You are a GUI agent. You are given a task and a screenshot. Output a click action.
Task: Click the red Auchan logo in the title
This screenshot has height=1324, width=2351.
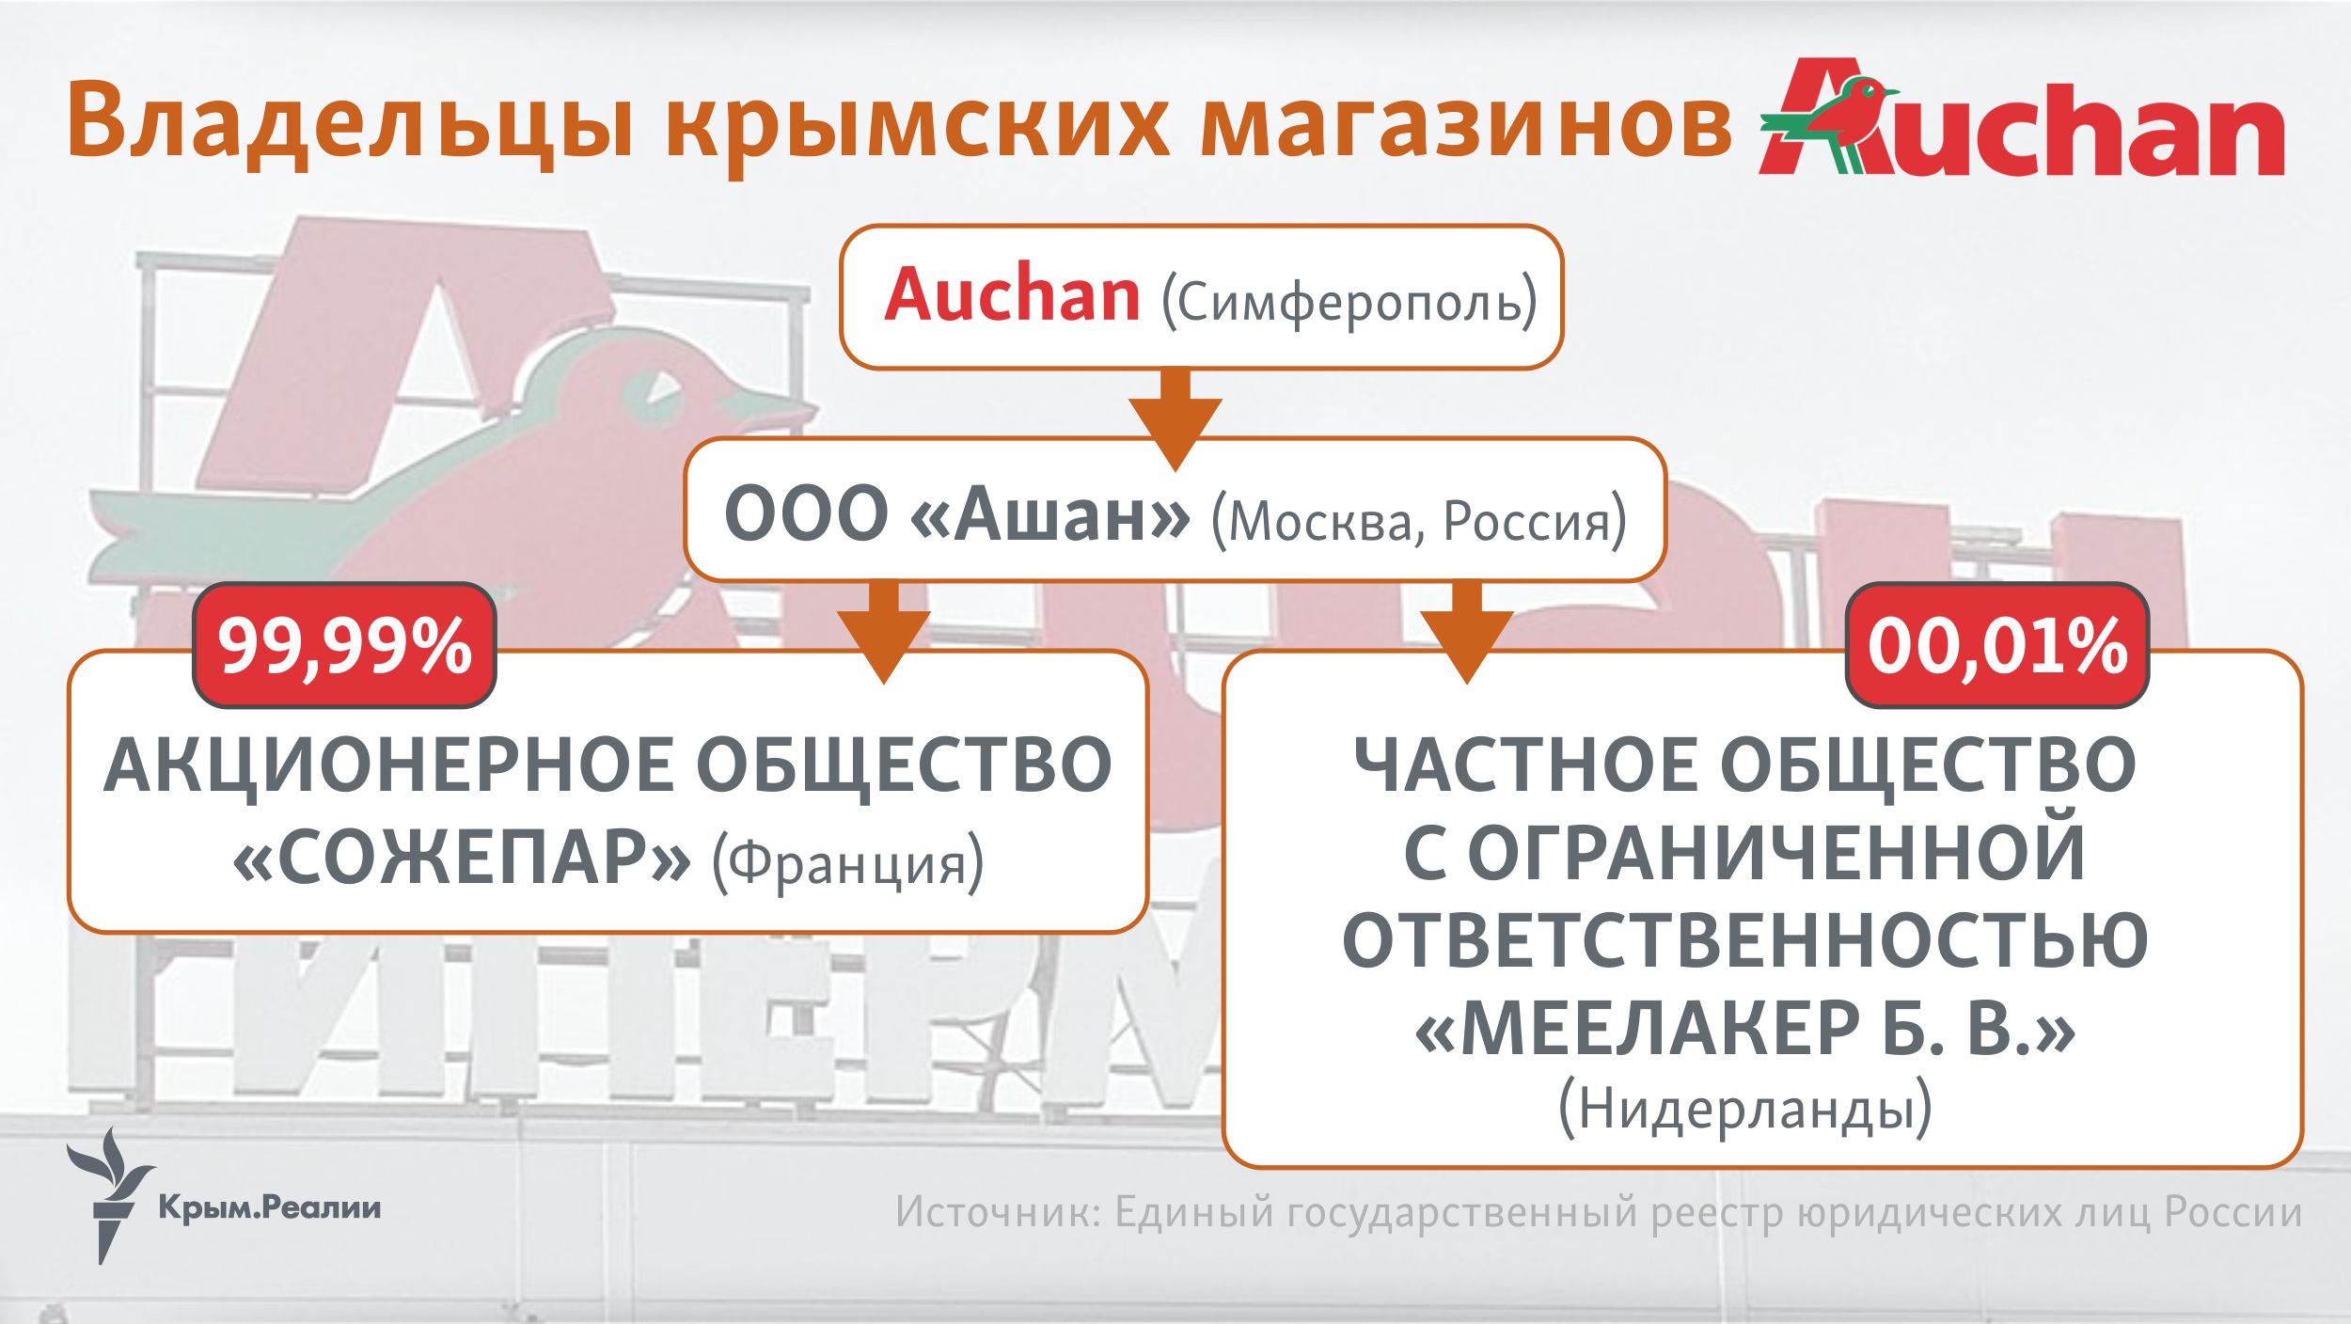[x=2021, y=117]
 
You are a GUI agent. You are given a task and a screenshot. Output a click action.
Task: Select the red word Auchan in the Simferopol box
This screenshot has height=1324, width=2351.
[x=1012, y=295]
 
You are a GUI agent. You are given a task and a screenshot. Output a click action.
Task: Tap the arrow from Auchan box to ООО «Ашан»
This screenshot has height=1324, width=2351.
[x=1175, y=419]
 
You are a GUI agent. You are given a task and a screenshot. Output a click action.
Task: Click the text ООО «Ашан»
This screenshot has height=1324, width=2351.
[x=957, y=514]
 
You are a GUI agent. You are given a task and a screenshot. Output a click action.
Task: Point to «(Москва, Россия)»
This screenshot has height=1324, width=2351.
[x=1418, y=521]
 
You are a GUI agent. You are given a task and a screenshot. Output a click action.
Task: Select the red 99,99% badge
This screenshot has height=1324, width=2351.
[x=344, y=646]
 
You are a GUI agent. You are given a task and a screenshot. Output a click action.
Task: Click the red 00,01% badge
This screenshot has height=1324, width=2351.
[x=1997, y=646]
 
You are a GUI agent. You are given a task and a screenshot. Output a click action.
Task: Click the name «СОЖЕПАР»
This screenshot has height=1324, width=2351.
[x=461, y=859]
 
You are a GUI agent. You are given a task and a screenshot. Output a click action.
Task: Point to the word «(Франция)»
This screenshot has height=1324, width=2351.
[x=847, y=863]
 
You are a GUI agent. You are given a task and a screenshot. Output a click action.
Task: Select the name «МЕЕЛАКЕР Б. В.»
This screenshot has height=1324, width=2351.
[x=1745, y=1030]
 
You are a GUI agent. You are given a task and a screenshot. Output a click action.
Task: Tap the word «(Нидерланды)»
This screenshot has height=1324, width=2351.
[x=1745, y=1109]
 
